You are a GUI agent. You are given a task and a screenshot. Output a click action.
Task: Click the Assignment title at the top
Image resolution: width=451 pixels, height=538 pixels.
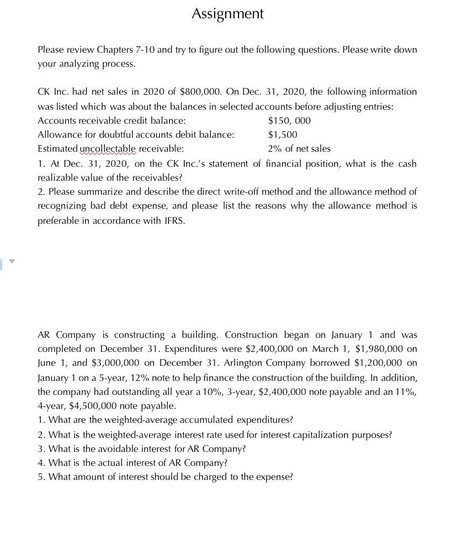(228, 13)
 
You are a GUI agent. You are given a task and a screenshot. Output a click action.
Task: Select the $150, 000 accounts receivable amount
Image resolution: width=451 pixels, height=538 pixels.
(289, 121)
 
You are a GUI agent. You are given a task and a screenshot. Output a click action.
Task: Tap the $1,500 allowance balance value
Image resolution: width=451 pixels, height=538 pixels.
(282, 134)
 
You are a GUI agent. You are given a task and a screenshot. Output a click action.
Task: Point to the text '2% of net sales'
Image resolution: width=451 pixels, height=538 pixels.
(299, 148)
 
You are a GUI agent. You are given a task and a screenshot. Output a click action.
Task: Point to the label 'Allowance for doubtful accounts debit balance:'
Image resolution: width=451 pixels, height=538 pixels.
(136, 134)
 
